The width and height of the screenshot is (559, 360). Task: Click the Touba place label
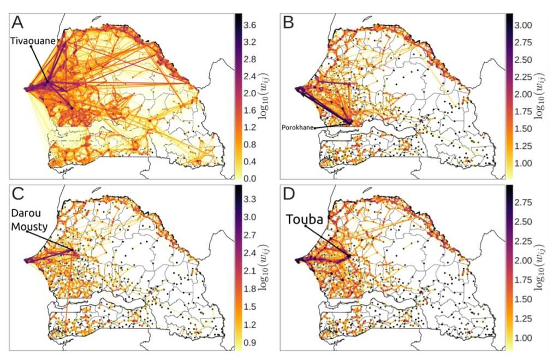coord(304,220)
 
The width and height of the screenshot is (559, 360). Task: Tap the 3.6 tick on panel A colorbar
coord(251,25)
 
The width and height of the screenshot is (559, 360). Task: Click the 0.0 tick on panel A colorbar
coord(251,179)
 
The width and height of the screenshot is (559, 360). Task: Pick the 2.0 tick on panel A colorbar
coord(251,93)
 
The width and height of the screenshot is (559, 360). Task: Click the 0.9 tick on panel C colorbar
coord(251,343)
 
